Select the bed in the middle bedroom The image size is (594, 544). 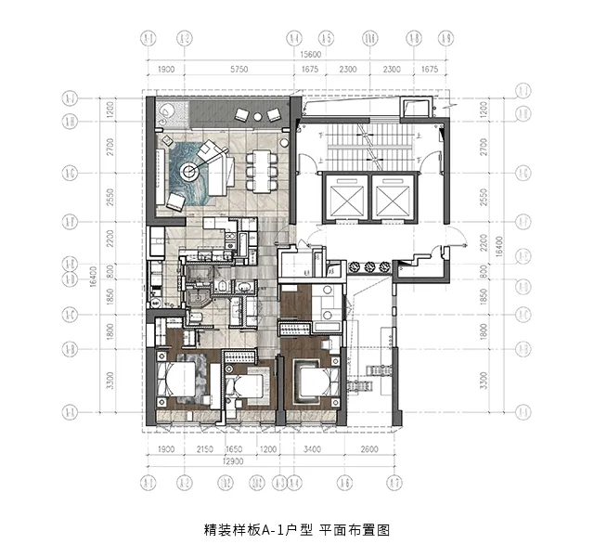tap(246, 386)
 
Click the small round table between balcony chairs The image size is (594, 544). tap(257, 116)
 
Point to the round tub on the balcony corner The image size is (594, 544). tap(169, 113)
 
